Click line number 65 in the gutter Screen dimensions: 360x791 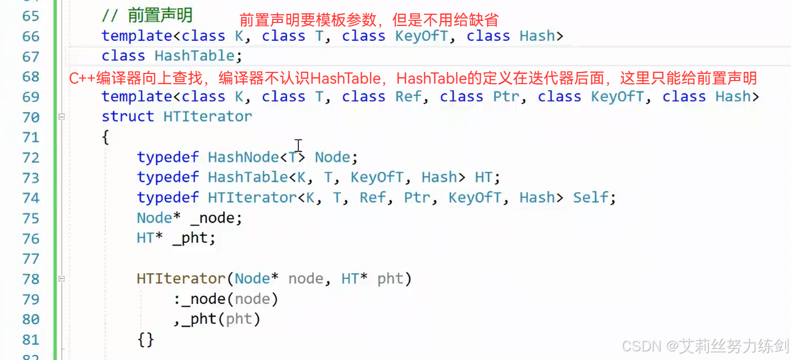pos(31,16)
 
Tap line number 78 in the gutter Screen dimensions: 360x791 pos(31,279)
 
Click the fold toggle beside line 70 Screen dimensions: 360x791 pos(62,117)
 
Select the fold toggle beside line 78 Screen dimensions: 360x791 pos(62,279)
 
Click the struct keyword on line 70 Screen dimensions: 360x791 pos(127,116)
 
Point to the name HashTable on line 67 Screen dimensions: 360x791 pos(194,56)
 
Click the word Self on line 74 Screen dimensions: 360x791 pos(591,197)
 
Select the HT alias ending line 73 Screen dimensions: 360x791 pos(484,177)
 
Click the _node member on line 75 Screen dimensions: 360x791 pos(211,218)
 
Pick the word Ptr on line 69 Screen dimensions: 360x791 pos(505,96)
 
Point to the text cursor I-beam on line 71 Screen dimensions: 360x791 pos(298,145)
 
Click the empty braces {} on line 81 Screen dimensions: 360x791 pos(145,340)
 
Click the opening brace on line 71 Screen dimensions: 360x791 pos(105,137)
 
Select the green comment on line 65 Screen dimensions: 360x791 pos(146,16)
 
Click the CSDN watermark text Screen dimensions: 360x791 pos(705,346)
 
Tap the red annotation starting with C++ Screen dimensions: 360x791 pos(413,78)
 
